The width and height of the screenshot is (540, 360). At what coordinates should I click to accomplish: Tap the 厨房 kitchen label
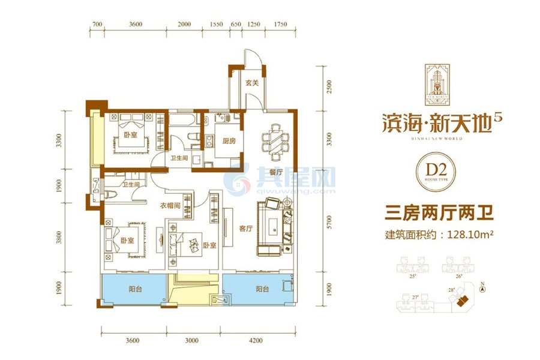[221, 142]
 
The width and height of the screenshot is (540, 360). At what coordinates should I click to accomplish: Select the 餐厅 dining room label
[275, 173]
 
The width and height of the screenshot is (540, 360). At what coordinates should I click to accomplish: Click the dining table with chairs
[276, 143]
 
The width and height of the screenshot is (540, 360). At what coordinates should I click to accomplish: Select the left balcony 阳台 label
[136, 289]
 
